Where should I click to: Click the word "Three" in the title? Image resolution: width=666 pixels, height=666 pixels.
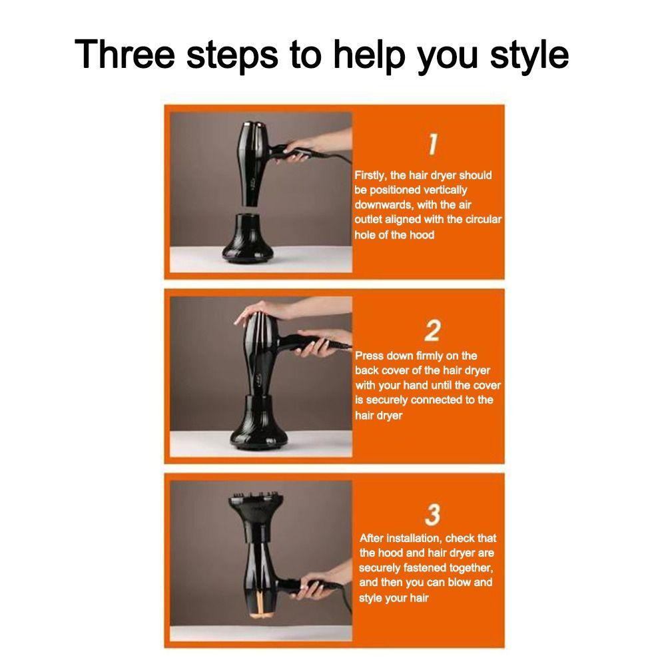(x=125, y=54)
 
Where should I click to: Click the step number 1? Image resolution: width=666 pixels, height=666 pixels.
(x=432, y=144)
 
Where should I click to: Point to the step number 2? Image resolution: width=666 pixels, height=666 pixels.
(x=432, y=330)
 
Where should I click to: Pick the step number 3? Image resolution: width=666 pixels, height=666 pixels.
(x=432, y=515)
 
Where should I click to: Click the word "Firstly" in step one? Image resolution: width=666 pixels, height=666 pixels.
(x=370, y=175)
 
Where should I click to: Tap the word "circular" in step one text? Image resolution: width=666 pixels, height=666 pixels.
(x=484, y=219)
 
